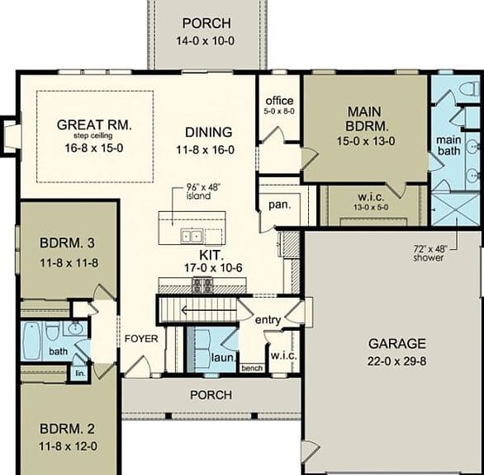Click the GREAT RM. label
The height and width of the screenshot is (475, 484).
pos(94,125)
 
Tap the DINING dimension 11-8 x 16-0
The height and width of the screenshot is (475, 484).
pos(206,150)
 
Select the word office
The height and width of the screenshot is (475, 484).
pos(279,101)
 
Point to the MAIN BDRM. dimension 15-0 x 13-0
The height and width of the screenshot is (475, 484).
pos(366,141)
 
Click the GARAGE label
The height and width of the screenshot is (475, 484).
pos(397,344)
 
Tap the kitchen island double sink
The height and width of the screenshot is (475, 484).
pos(192,236)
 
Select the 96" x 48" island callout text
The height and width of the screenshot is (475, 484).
pos(203,191)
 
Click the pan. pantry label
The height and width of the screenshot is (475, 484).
pos(280,205)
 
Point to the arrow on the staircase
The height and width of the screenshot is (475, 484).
pos(204,310)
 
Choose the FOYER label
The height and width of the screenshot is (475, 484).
pos(141,339)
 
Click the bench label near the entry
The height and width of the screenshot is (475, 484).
pos(252,368)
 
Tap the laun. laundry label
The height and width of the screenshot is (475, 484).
pos(223,358)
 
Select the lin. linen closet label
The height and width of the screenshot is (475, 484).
pos(80,374)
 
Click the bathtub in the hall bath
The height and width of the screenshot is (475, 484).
pos(31,341)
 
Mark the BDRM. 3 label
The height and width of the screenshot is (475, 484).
pos(67,243)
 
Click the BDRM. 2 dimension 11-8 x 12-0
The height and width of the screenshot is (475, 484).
pos(68,446)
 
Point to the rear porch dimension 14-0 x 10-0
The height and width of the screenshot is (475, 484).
pos(206,40)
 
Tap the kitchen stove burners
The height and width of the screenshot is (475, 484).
pos(202,285)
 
